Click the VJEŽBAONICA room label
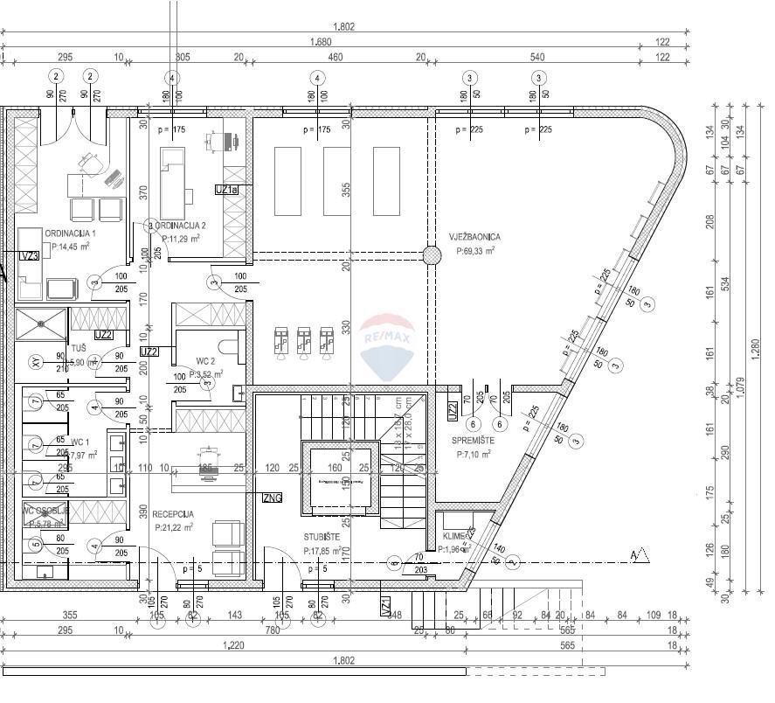[475, 236]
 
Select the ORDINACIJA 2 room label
[181, 225]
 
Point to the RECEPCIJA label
[173, 514]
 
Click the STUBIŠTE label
[322, 537]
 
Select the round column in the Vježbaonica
[432, 255]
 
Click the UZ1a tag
[225, 189]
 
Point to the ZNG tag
[272, 498]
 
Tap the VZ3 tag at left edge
[30, 256]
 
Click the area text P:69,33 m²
[475, 250]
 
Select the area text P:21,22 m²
[173, 527]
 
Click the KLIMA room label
[456, 535]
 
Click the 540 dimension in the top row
[537, 58]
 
